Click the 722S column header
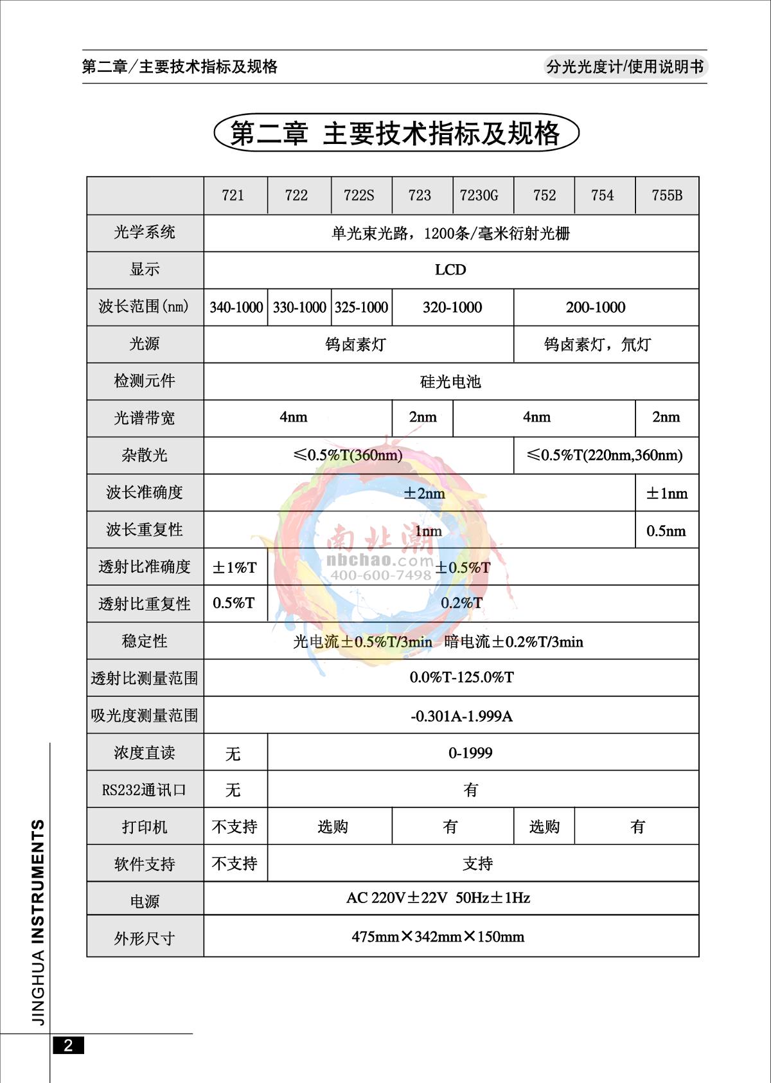point(359,195)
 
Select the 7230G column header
point(479,195)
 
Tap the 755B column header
point(666,195)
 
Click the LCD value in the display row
point(450,270)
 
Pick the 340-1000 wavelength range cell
point(236,307)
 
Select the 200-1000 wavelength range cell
point(596,307)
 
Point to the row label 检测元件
point(145,381)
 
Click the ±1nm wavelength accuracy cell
point(666,494)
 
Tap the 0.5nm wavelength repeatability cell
point(666,531)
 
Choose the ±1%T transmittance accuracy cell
point(235,568)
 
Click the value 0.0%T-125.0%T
point(461,677)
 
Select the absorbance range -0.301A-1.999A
point(461,716)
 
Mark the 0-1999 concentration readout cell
point(470,753)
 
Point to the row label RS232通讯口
point(144,790)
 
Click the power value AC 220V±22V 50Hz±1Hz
point(438,898)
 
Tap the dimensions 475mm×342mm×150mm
point(438,937)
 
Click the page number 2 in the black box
point(68,1046)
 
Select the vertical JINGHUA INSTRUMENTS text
point(39,922)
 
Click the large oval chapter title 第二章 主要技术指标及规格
point(396,134)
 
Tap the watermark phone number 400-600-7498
point(381,575)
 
